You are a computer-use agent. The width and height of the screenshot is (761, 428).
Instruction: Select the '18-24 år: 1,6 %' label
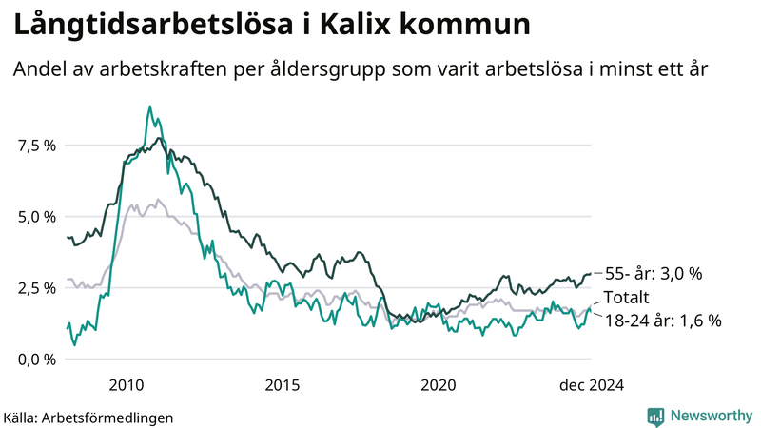click(x=663, y=321)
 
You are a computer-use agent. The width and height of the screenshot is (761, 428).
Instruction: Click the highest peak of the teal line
click(x=150, y=107)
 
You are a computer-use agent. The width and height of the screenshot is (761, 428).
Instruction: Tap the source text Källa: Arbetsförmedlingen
click(x=88, y=417)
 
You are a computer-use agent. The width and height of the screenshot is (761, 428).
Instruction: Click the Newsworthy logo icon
click(x=656, y=416)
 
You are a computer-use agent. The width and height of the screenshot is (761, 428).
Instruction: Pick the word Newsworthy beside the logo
click(x=711, y=416)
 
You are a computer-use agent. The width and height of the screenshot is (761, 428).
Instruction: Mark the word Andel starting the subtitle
click(x=36, y=69)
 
